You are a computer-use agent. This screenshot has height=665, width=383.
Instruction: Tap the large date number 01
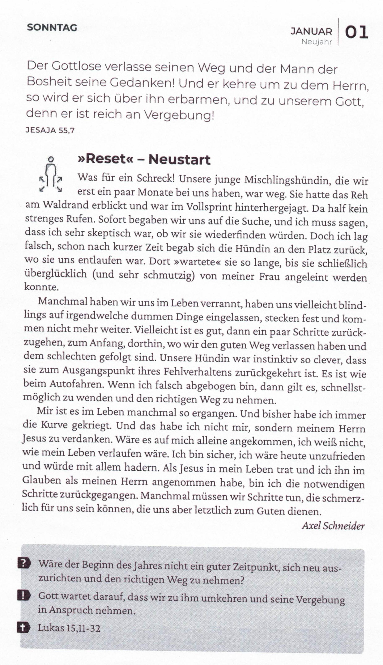tap(356, 32)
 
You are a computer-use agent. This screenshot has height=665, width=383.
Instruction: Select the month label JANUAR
tap(311, 31)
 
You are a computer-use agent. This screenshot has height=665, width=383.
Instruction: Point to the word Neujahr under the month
tap(316, 42)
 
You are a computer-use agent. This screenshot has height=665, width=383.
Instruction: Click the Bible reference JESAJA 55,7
tap(50, 130)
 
